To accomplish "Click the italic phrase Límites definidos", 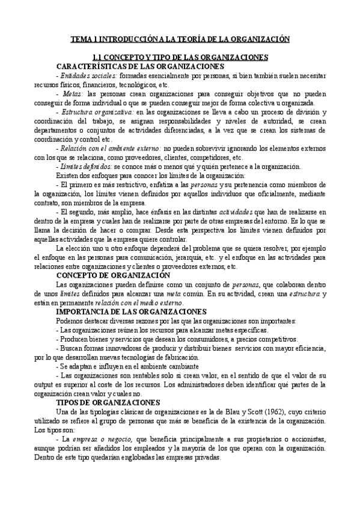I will pyautogui.click(x=87, y=166).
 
